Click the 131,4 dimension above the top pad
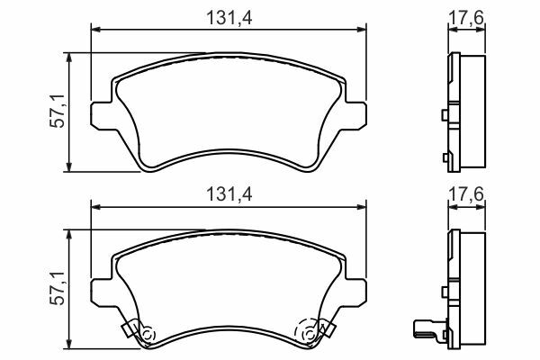pyautogui.click(x=229, y=18)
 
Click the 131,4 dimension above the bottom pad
pyautogui.click(x=229, y=194)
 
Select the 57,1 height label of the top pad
pyautogui.click(x=58, y=111)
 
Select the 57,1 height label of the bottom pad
pyautogui.click(x=58, y=288)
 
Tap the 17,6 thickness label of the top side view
pyautogui.click(x=466, y=17)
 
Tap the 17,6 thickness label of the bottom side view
pyautogui.click(x=466, y=194)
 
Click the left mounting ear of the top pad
pyautogui.click(x=102, y=116)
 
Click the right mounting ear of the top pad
pyautogui.click(x=355, y=116)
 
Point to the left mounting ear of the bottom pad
pyautogui.click(x=102, y=292)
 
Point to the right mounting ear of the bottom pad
pyautogui.click(x=355, y=292)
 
